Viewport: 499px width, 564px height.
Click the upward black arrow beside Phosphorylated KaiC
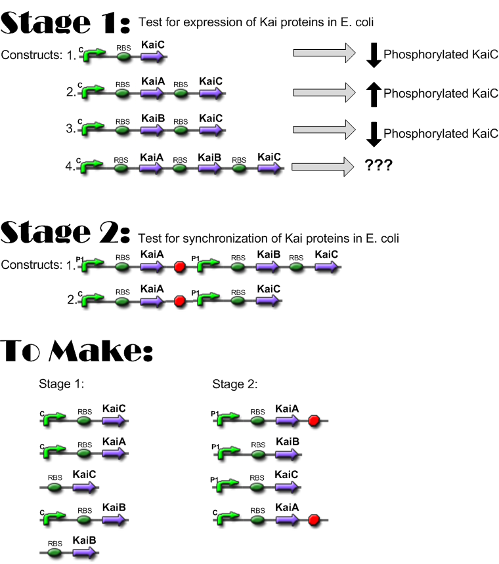click(x=373, y=94)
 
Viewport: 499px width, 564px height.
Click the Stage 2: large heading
click(x=66, y=233)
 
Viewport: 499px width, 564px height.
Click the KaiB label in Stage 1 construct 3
click(x=152, y=118)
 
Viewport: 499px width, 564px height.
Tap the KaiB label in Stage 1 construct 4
click(x=209, y=157)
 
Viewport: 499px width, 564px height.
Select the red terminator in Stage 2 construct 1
click(x=179, y=267)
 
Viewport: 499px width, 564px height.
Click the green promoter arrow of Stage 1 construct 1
click(x=93, y=56)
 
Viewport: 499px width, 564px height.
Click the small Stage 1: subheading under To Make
click(x=61, y=384)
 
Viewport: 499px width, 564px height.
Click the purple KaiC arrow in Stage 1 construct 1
click(x=152, y=57)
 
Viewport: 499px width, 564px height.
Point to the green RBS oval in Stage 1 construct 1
click(x=123, y=57)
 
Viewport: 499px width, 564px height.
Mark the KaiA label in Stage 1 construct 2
click(x=152, y=81)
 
